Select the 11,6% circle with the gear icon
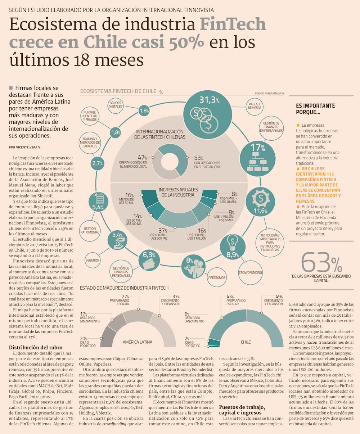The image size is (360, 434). pyautogui.click(x=260, y=203)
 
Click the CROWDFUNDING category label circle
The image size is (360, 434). pyautogui.click(x=250, y=273)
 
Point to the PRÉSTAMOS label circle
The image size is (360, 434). pyautogui.click(x=217, y=277)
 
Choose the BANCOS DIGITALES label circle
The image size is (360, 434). pyautogui.click(x=115, y=105)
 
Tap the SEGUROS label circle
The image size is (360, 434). pyautogui.click(x=92, y=260)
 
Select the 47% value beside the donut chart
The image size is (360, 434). pyautogui.click(x=143, y=157)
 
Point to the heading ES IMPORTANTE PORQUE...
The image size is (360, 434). pyautogui.click(x=315, y=109)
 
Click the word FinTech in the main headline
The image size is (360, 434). pyautogui.click(x=233, y=24)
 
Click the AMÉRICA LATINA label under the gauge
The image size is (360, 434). pyautogui.click(x=137, y=342)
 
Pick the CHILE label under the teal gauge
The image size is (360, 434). pyautogui.click(x=246, y=342)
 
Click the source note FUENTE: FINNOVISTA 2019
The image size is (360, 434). pyautogui.click(x=270, y=94)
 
